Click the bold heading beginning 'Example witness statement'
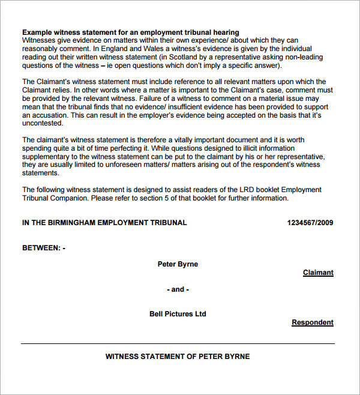click(131, 32)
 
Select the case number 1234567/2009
click(310, 223)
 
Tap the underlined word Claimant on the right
click(318, 273)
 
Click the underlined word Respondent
click(313, 322)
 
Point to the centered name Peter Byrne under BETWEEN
click(178, 264)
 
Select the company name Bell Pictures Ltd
click(178, 314)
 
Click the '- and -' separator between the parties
click(178, 289)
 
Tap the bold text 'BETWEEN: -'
click(44, 248)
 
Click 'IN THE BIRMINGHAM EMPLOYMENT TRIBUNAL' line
click(104, 223)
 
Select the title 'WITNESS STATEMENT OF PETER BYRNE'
click(178, 357)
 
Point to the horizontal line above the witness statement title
click(178, 344)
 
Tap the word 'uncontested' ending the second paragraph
click(42, 123)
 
